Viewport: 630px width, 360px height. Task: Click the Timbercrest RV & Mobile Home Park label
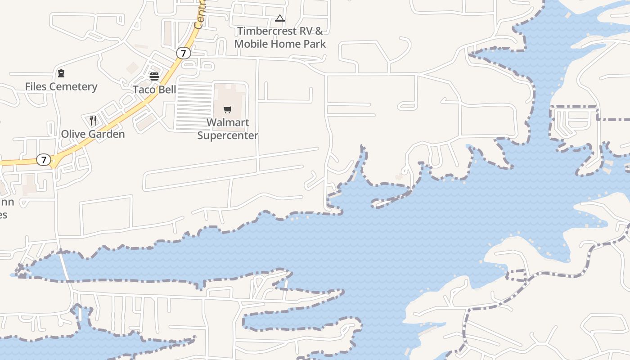click(x=280, y=37)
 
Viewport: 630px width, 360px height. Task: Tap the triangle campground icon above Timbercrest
click(x=280, y=18)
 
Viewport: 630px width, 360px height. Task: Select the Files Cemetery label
click(x=61, y=86)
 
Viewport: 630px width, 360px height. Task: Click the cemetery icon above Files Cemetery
click(x=61, y=73)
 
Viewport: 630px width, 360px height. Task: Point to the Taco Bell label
click(x=154, y=89)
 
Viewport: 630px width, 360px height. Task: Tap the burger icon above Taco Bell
click(x=154, y=76)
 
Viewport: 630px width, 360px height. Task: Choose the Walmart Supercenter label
click(x=228, y=129)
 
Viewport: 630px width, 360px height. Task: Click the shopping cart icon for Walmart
click(x=228, y=109)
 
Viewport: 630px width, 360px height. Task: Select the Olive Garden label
click(x=93, y=134)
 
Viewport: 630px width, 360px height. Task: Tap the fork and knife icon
click(x=93, y=120)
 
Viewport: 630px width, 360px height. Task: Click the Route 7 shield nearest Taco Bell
click(x=183, y=53)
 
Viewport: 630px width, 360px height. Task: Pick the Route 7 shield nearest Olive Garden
click(x=44, y=160)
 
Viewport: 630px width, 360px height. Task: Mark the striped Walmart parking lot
click(x=194, y=107)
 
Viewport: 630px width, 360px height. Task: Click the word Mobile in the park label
click(x=252, y=44)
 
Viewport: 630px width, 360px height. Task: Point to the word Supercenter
click(x=228, y=135)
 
